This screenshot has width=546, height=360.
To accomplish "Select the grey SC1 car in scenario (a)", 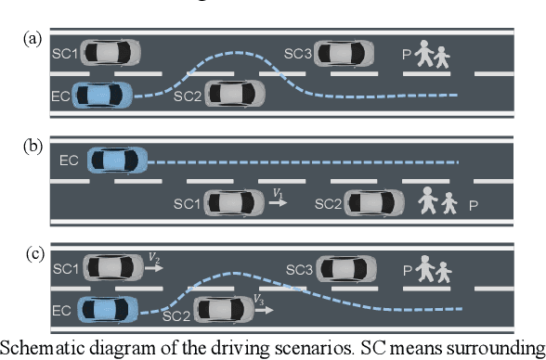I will coord(112,51).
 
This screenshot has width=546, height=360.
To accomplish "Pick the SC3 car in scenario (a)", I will coord(344,52).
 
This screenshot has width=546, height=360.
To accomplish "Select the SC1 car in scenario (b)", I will coord(235,201).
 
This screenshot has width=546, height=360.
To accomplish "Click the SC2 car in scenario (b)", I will coord(374,202).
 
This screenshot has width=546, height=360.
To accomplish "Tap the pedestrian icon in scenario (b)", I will coord(435,201).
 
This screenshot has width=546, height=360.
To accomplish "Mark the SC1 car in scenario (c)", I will coord(112,269).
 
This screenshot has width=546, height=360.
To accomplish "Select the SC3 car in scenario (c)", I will coord(345,269).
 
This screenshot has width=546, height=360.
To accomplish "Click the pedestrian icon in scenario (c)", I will coord(432,270).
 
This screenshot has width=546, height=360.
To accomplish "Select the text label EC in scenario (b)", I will coord(69,161).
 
